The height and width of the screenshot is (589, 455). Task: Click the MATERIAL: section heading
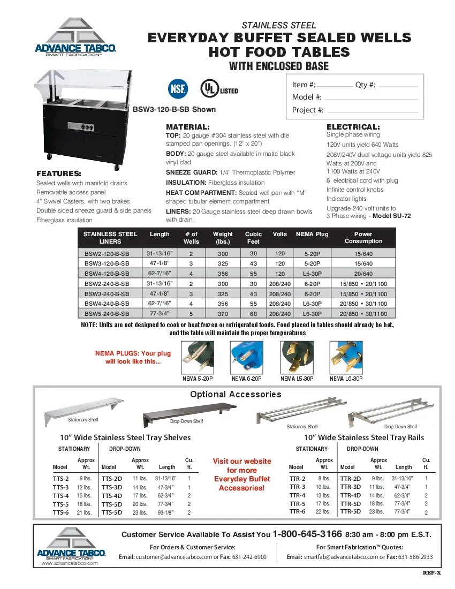[188, 127]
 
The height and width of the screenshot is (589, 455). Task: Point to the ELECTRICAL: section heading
[353, 127]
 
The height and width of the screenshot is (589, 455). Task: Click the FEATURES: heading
[59, 173]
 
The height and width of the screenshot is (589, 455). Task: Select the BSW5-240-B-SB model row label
[107, 314]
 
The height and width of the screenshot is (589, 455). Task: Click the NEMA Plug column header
[312, 234]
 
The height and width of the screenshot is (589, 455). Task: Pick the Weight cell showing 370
[223, 314]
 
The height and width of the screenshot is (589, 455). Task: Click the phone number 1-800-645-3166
[307, 534]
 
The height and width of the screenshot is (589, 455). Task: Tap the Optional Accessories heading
[236, 394]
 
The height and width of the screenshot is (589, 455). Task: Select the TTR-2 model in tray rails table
[297, 479]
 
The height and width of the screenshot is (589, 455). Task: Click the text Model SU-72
[392, 216]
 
